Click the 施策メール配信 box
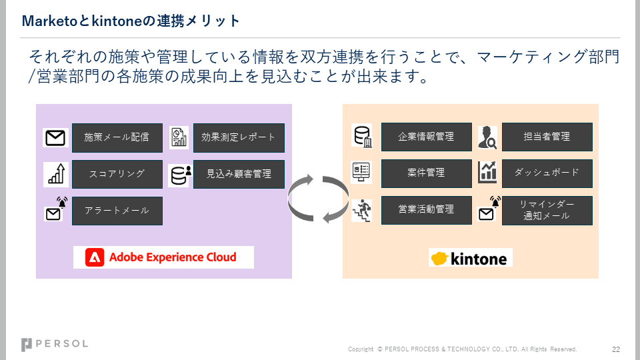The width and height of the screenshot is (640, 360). (117, 138)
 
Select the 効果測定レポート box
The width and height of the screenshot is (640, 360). (239, 138)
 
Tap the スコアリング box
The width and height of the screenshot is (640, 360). (117, 174)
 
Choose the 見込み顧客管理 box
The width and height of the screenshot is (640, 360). (239, 174)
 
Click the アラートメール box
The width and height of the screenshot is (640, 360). (117, 211)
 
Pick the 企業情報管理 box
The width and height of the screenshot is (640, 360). (427, 137)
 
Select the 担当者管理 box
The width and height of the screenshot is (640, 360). (547, 137)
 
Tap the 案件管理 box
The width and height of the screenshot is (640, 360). (427, 173)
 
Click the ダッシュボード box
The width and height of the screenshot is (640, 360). (547, 173)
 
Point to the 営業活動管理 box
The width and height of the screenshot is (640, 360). (427, 210)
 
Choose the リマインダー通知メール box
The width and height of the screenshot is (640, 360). (547, 211)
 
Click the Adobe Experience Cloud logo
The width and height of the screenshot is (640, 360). (163, 257)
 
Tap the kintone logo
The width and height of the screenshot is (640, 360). (470, 258)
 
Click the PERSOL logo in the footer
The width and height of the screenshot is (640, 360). (54, 345)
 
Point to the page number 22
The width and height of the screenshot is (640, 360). (616, 349)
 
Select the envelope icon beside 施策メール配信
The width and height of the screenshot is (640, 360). (55, 138)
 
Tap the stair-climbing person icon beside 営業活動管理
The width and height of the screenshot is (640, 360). (362, 211)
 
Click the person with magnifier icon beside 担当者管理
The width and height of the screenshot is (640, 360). (487, 137)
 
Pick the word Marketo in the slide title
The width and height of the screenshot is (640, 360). (50, 21)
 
